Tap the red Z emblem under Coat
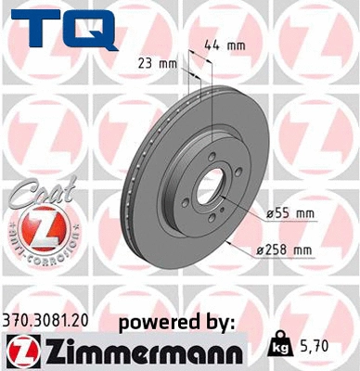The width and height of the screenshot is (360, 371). pos(34,227)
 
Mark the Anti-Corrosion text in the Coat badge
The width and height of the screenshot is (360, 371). pos(34,251)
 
